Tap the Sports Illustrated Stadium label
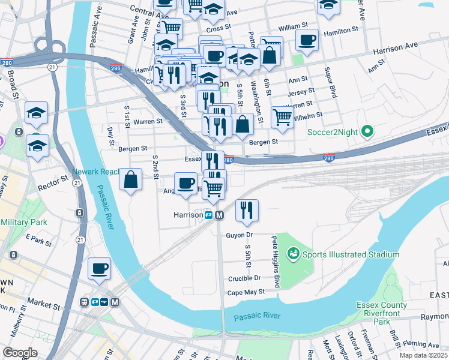point(351,254)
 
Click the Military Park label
point(24,222)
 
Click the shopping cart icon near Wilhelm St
point(282,118)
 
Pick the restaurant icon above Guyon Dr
point(247,209)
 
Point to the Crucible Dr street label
point(244,278)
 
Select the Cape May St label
point(246,292)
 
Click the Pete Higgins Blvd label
point(276,262)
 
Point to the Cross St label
point(218,28)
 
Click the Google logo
point(20,352)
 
